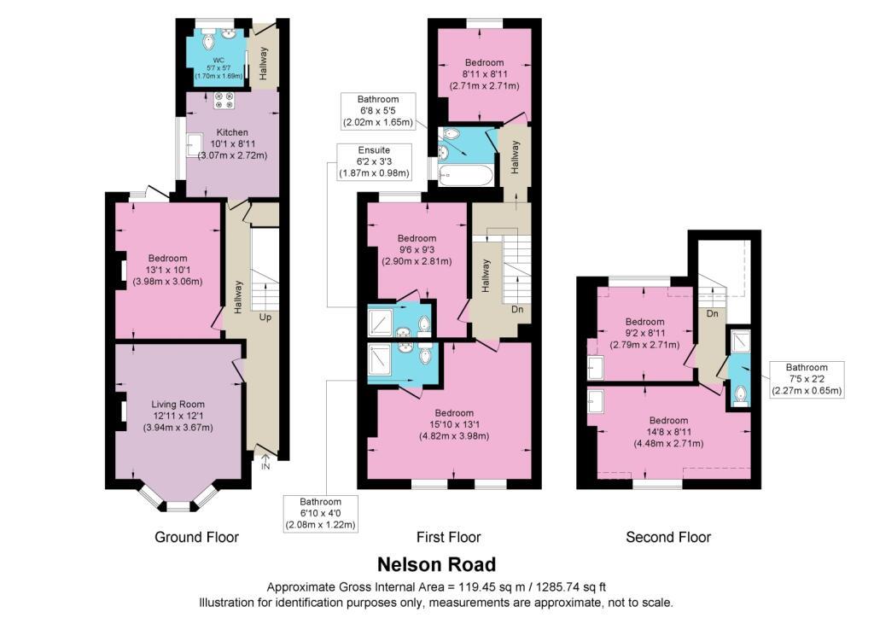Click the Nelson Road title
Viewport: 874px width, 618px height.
(436, 564)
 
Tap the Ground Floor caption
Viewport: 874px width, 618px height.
(197, 537)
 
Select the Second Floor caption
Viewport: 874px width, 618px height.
(668, 537)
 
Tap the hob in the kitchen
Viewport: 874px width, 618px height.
(224, 100)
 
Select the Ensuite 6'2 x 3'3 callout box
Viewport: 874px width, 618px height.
(374, 161)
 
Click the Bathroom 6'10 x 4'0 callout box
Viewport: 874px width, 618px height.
(321, 513)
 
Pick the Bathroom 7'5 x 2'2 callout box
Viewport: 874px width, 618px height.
(807, 379)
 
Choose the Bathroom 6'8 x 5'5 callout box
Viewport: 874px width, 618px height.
(378, 111)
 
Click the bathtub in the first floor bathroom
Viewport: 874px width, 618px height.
(465, 175)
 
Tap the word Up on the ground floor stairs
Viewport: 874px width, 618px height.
(265, 317)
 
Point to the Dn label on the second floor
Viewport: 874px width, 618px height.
(713, 314)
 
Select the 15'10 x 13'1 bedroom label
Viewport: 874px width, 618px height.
(454, 424)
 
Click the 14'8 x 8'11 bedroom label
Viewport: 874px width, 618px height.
(668, 432)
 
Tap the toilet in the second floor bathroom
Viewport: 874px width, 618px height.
(740, 394)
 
